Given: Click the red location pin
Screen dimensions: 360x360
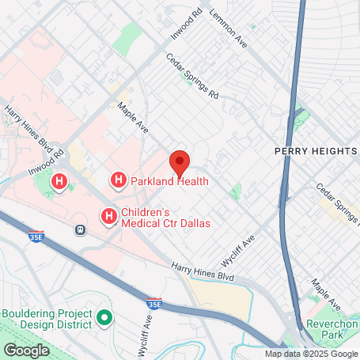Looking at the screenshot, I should point(180,163).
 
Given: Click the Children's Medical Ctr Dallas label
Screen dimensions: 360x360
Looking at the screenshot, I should point(165,218).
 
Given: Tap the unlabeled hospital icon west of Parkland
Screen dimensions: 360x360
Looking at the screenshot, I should point(59,183).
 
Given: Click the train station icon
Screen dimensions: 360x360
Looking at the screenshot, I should point(80,229).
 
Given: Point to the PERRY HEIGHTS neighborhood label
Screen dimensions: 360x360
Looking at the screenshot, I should point(316,150).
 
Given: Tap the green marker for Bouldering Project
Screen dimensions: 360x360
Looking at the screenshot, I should point(104,319).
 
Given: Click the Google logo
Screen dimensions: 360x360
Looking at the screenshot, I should point(26,350).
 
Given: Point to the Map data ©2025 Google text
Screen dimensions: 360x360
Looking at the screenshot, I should point(311,354).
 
